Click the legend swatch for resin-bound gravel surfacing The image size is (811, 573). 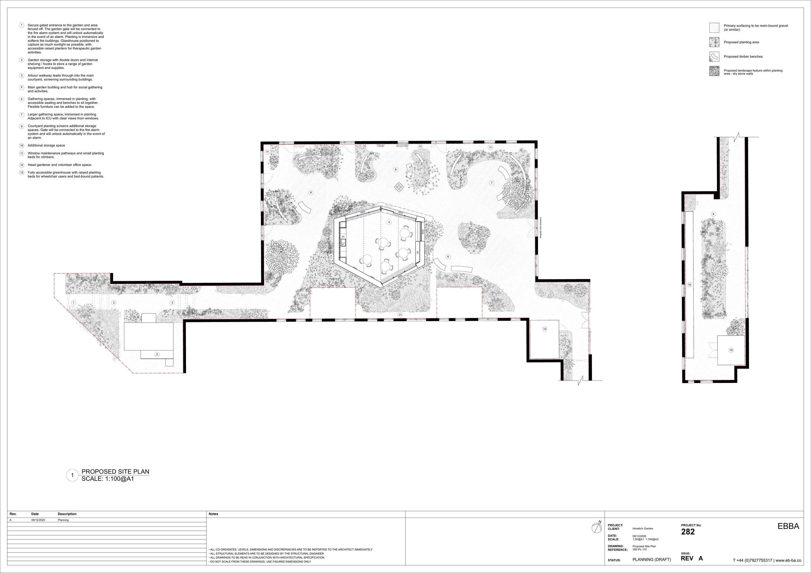[x=714, y=28]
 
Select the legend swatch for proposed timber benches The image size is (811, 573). [x=714, y=57]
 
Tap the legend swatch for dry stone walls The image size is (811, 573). [x=714, y=71]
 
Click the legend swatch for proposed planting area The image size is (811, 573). [x=714, y=42]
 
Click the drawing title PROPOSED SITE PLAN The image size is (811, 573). [x=115, y=472]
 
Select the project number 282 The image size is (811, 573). [x=688, y=532]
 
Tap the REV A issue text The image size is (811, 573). [x=692, y=558]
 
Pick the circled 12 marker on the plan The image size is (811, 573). [x=545, y=329]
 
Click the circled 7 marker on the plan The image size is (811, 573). [x=492, y=183]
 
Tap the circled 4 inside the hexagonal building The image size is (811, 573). [x=389, y=222]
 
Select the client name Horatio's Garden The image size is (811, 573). [x=643, y=528]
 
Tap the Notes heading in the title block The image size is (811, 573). [x=213, y=514]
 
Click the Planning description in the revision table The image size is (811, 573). [x=63, y=520]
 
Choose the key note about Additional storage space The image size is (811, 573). [x=46, y=145]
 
